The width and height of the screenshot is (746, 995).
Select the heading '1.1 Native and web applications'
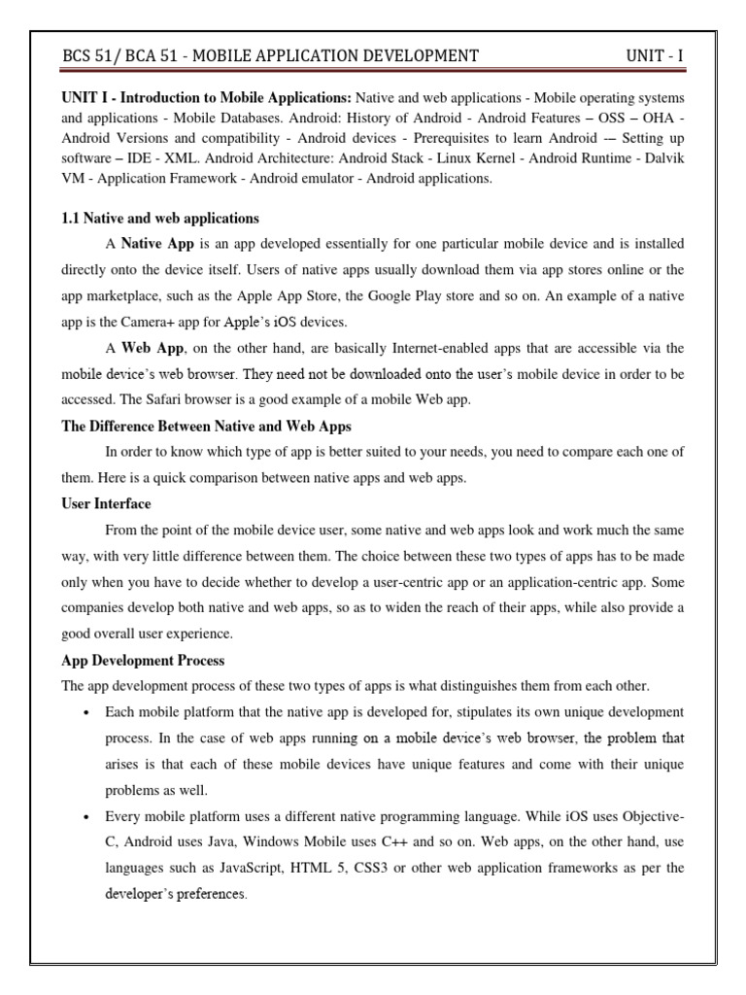click(x=160, y=218)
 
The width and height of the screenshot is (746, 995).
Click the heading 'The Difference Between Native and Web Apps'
click(x=206, y=426)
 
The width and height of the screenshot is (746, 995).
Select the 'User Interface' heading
click(x=106, y=504)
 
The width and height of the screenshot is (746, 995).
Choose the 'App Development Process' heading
click(x=143, y=661)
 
